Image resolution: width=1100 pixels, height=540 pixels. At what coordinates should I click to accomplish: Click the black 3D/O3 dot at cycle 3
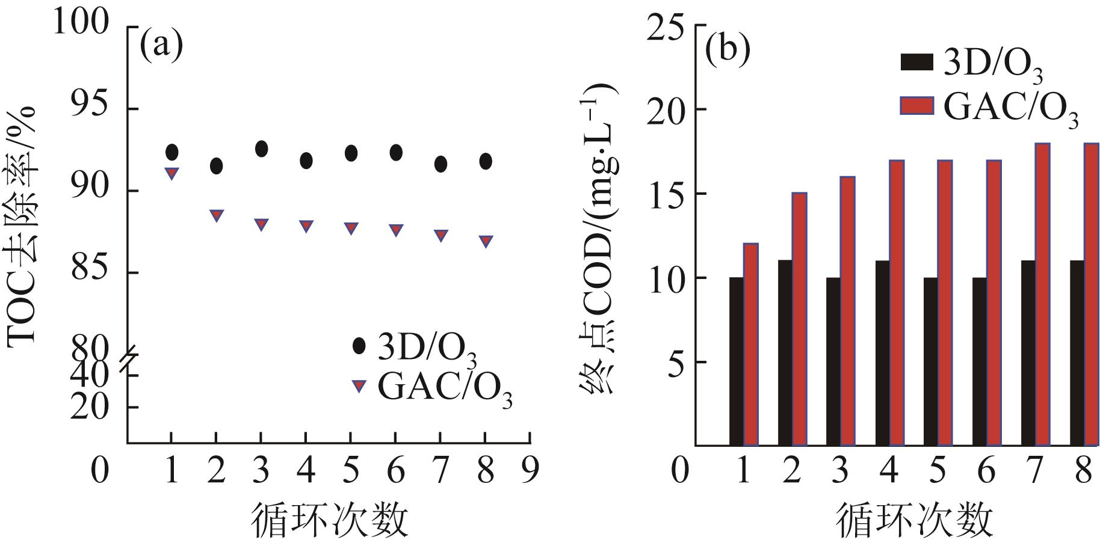(261, 149)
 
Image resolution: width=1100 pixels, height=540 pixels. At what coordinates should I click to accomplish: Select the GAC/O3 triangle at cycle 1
(171, 173)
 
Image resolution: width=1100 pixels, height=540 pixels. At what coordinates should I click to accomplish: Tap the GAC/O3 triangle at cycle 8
(486, 241)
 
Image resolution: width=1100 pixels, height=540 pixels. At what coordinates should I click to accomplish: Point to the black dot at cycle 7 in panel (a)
(440, 164)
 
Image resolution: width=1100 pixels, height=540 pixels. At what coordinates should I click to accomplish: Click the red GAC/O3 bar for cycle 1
(751, 344)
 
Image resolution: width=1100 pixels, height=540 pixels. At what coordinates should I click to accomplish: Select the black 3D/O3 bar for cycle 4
(883, 353)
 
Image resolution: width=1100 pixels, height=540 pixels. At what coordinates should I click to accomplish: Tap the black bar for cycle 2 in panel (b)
(785, 353)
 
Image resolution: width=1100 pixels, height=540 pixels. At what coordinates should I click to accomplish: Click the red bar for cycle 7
(1043, 294)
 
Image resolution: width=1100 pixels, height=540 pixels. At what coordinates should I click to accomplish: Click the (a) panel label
(161, 47)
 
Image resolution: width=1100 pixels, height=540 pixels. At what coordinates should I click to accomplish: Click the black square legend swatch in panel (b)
(916, 63)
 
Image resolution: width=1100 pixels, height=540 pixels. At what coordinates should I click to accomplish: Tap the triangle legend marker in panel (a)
(359, 385)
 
